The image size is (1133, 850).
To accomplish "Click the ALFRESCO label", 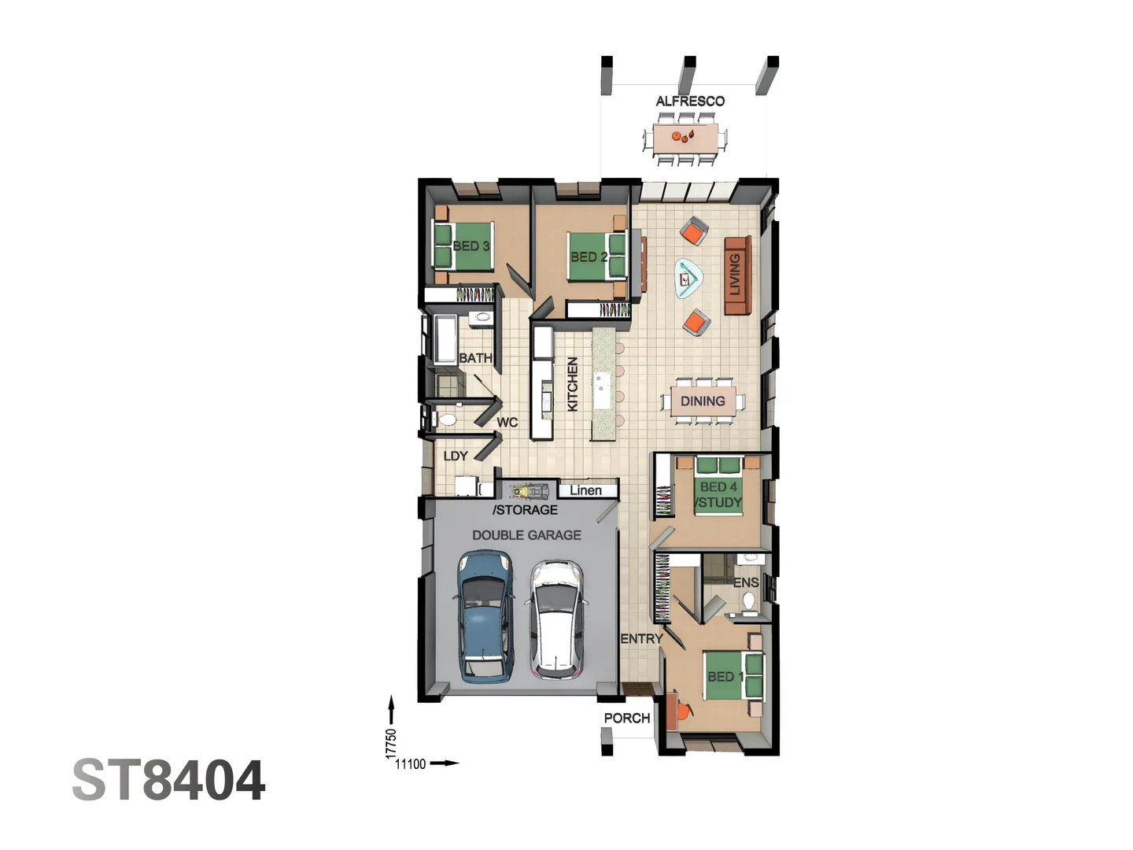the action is click(689, 102).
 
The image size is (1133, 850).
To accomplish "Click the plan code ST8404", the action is click(169, 780).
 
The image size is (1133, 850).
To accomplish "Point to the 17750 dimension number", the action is click(391, 744).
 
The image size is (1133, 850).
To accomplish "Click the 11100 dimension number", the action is click(411, 764).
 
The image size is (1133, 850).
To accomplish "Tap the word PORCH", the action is click(626, 718).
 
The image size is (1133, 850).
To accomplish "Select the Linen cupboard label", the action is click(585, 490).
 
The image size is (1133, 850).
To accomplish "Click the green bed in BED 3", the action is click(463, 246).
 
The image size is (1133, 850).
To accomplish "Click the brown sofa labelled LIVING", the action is click(738, 275).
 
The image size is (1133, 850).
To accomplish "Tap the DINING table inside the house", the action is click(703, 401).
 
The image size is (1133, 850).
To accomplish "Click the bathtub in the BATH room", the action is click(445, 339).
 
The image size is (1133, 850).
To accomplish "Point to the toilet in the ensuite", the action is click(748, 601).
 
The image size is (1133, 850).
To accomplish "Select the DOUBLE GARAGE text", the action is click(526, 535).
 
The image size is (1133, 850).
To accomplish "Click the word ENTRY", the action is click(641, 639).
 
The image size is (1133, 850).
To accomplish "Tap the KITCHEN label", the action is click(573, 385).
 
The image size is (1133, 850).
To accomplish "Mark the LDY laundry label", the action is click(456, 456).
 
